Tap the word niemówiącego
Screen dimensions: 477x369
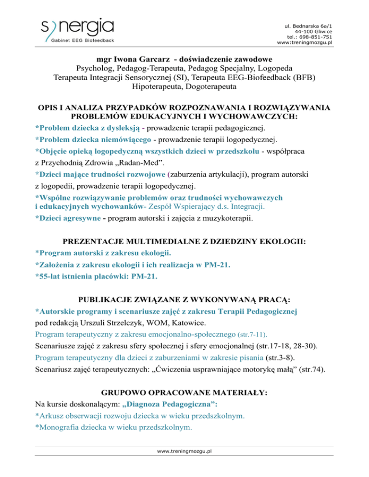[x=127, y=140]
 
